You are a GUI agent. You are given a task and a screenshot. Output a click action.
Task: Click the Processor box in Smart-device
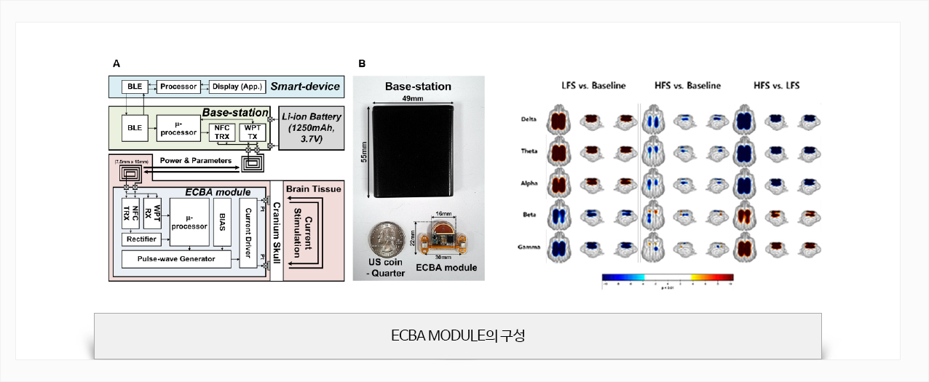tap(178, 87)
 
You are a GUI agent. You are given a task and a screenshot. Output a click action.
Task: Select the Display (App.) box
tap(237, 87)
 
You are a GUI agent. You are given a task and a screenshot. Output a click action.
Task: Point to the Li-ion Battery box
tap(311, 127)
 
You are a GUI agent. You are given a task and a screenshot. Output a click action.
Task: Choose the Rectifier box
tap(141, 239)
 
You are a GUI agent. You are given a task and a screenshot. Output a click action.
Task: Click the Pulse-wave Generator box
tap(176, 258)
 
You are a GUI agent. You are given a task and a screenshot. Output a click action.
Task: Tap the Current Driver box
tap(248, 231)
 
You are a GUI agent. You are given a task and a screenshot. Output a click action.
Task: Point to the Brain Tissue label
tap(313, 189)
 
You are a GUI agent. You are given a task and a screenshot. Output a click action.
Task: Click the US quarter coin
tap(386, 237)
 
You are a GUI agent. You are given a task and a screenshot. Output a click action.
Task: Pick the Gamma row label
tap(529, 247)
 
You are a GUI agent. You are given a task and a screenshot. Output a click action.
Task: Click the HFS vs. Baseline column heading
tap(688, 86)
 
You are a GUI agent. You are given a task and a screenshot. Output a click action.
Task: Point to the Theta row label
tap(529, 151)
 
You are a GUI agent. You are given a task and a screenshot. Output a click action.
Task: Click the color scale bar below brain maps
tap(667, 277)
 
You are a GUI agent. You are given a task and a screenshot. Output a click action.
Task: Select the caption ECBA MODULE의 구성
tap(458, 336)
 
